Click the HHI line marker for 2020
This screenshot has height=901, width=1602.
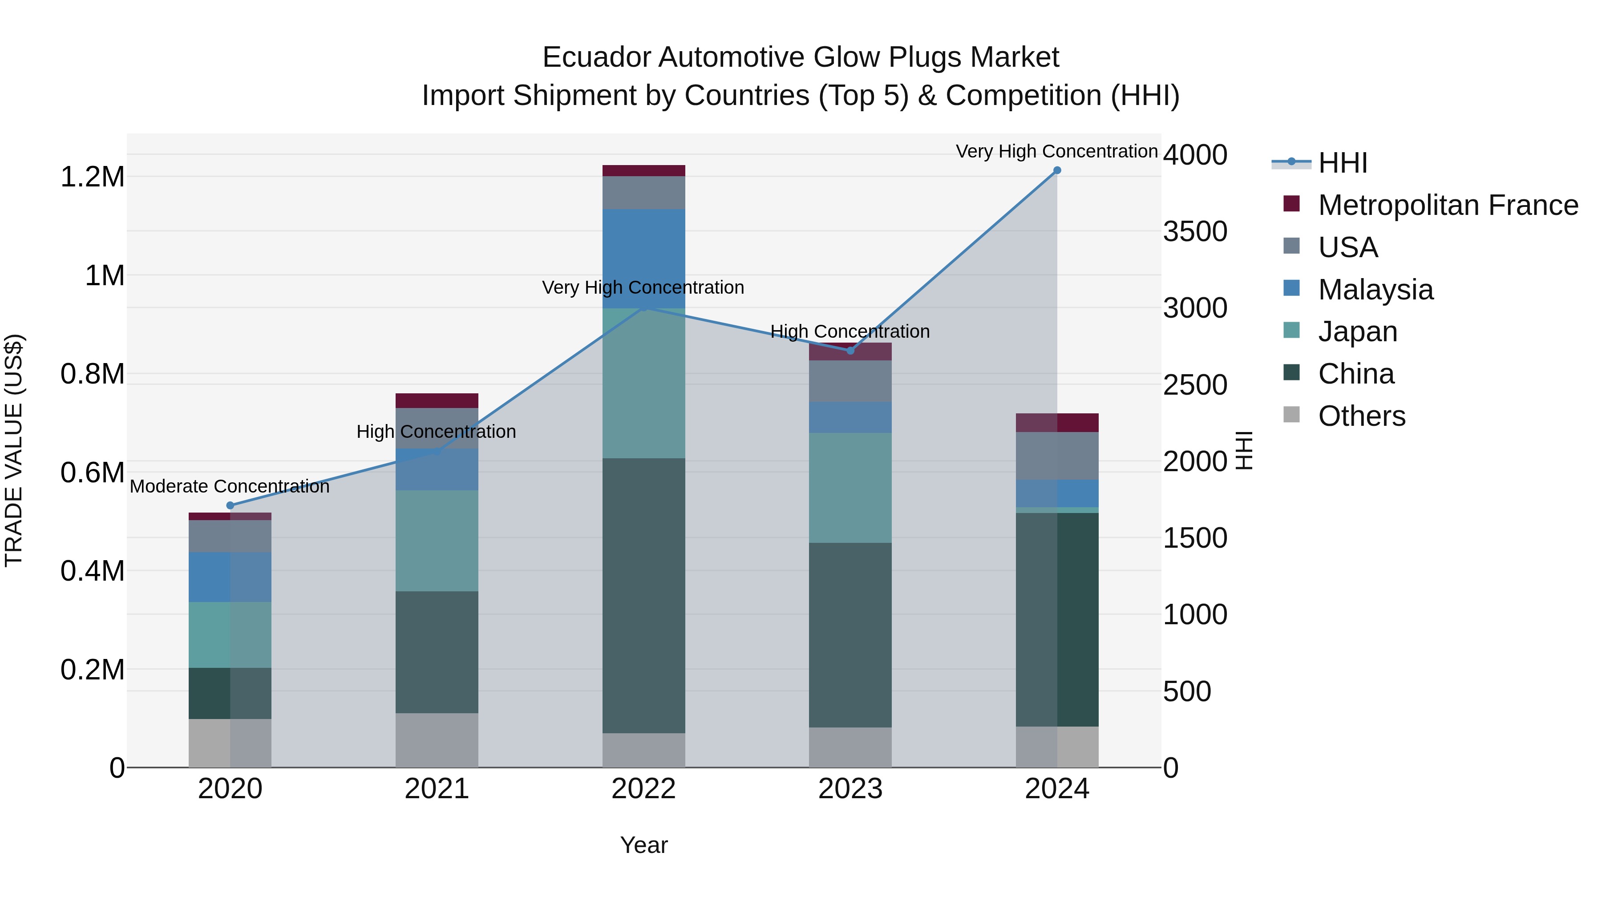[x=230, y=505]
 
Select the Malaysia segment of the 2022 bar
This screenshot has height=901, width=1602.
[x=643, y=258]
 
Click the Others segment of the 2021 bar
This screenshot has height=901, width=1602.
[x=437, y=740]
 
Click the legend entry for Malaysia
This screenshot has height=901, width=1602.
[x=1375, y=290]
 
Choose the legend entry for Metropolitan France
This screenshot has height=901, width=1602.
[x=1447, y=205]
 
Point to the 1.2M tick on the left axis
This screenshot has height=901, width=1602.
[x=92, y=177]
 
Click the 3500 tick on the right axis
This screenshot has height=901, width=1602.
[x=1195, y=231]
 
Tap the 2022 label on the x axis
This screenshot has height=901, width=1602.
[x=643, y=789]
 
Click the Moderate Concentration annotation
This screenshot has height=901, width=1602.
[x=230, y=486]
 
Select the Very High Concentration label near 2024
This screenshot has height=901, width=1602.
[x=1056, y=151]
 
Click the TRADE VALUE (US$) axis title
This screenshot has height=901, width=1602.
[x=14, y=450]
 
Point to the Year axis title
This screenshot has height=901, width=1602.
[x=643, y=845]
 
